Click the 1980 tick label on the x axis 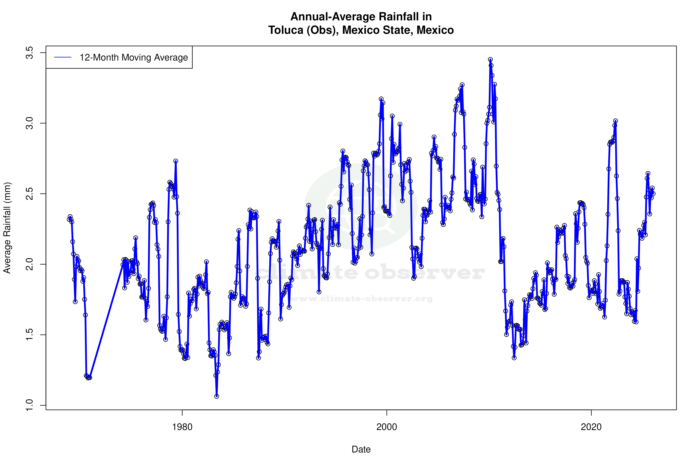tap(182, 427)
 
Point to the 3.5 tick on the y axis tap(30, 53)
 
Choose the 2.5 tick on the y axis tap(30, 194)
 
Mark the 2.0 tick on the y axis tap(30, 264)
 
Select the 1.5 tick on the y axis tap(30, 335)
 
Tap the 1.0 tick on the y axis tap(30, 405)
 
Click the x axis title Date tap(361, 449)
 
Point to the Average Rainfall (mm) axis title tap(7, 228)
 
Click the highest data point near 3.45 tap(490, 60)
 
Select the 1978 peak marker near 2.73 tap(176, 161)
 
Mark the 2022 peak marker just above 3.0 tap(615, 121)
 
